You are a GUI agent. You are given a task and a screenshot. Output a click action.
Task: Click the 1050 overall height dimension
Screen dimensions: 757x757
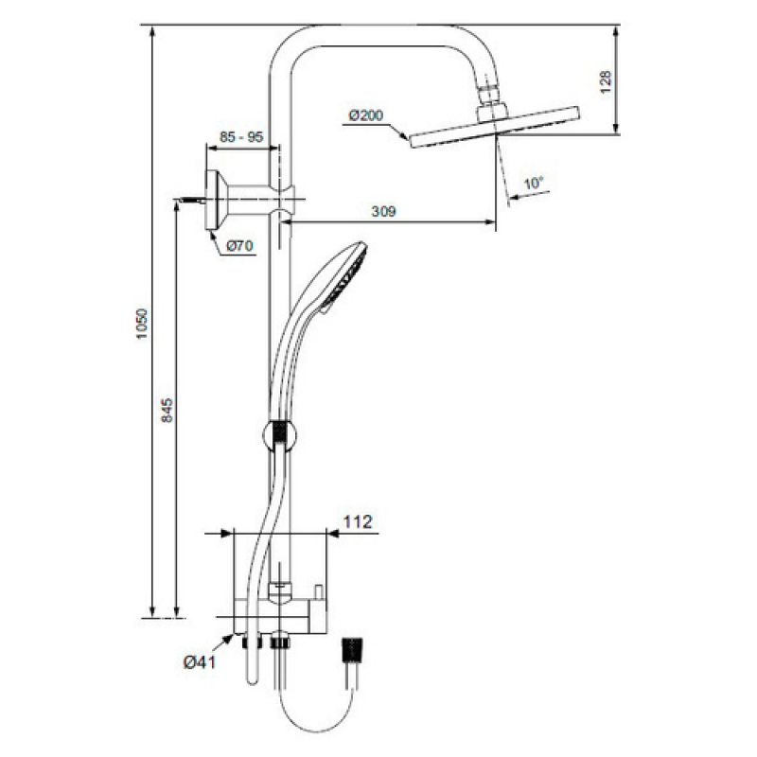point(142,324)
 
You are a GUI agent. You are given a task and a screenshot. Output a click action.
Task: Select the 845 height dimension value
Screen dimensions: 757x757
point(167,410)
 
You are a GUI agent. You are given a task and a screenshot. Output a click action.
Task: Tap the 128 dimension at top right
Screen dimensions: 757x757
point(605,81)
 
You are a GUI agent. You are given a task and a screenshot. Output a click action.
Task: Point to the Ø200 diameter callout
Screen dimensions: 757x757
point(366,115)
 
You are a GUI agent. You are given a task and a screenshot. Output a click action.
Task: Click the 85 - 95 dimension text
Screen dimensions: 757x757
point(241,136)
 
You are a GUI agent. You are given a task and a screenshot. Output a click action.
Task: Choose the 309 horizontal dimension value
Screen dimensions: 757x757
point(383,211)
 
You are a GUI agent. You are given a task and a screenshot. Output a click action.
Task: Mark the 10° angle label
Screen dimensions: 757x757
point(534,184)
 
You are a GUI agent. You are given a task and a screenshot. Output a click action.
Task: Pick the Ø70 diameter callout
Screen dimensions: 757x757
point(240,245)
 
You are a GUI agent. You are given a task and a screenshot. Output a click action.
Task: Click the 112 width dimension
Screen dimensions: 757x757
point(358,522)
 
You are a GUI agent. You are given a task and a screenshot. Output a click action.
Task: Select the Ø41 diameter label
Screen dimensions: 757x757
point(200,661)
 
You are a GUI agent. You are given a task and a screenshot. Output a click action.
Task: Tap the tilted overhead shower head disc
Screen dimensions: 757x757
point(495,127)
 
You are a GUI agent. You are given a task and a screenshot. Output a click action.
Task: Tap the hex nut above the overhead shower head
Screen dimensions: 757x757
point(490,93)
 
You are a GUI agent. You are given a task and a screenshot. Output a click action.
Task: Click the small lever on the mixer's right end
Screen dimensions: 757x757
point(319,593)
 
